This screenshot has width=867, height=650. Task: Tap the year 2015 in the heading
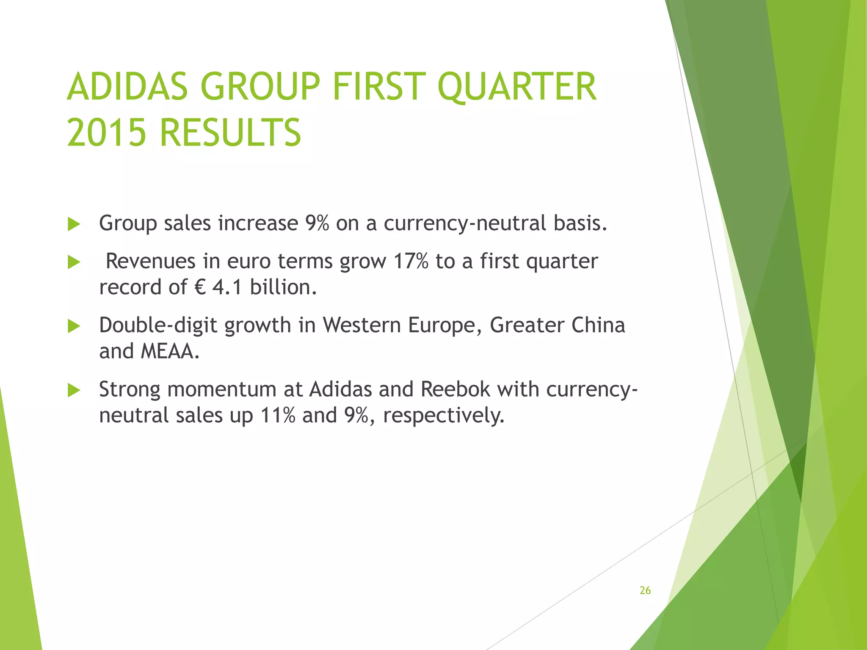coord(107,132)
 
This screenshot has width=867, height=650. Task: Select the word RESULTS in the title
coord(230,132)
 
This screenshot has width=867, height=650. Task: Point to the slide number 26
coord(645,590)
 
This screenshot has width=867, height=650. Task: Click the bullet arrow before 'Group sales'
coord(74,224)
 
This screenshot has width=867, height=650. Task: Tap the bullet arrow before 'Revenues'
coord(74,262)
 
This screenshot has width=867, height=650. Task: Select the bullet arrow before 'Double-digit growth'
coord(74,326)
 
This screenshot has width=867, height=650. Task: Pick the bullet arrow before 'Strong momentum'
coord(74,390)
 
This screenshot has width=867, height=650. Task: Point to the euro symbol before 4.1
coord(200,288)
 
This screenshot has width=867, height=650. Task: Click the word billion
coord(283,288)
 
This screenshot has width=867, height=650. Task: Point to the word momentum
coord(222,389)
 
